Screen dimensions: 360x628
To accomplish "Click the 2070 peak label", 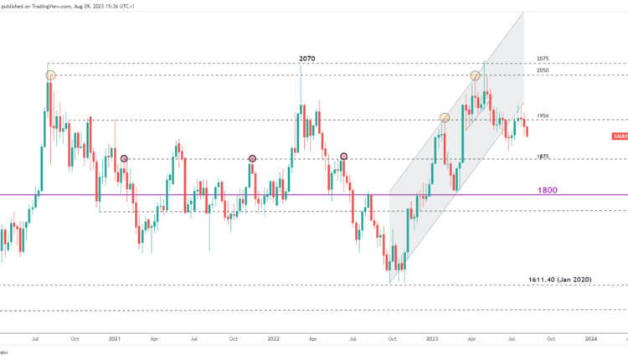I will tap(308, 59).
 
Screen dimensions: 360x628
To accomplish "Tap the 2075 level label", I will tap(543, 59).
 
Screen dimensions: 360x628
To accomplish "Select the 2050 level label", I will tap(543, 71).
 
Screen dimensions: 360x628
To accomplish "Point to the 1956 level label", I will tap(543, 116).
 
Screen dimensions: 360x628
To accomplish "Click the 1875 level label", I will tap(543, 157).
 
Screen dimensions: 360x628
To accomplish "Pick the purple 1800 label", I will tap(548, 190).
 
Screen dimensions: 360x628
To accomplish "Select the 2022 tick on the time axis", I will tap(274, 341).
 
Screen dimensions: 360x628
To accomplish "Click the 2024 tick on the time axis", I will tap(591, 341).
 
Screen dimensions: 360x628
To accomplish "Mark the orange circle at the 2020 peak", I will tap(50, 75).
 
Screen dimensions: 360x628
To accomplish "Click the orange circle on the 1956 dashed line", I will tap(445, 118).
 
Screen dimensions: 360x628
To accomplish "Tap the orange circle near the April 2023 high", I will tap(476, 75).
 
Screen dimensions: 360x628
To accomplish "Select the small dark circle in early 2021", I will tap(125, 158).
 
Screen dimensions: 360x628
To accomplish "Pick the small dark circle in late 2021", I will tap(253, 158).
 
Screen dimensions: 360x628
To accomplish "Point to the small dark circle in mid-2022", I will tap(344, 157).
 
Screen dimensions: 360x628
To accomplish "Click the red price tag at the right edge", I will tap(620, 136).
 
